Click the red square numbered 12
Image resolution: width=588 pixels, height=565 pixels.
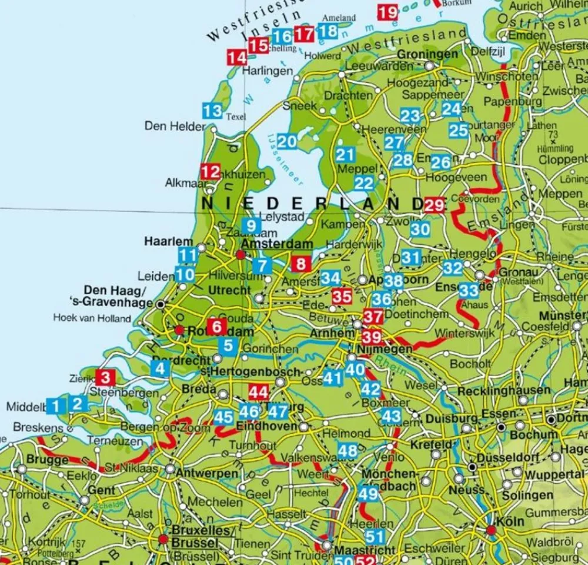(x=210, y=172)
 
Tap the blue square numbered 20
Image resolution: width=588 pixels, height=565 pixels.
(x=287, y=141)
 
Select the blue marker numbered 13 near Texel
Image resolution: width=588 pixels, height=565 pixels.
(x=212, y=110)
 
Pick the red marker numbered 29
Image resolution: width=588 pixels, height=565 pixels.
(x=435, y=205)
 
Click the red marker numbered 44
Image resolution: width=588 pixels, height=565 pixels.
(x=259, y=391)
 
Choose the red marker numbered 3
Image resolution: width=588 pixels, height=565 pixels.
(x=105, y=377)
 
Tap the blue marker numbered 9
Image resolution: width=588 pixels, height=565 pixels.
(x=251, y=225)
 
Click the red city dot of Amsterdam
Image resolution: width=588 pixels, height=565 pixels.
(x=240, y=255)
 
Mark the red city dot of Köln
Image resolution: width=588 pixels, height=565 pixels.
(x=491, y=530)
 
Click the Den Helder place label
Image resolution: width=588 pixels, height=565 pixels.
(x=175, y=126)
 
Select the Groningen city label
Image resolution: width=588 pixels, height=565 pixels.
(x=427, y=54)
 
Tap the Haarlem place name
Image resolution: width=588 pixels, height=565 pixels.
(x=169, y=241)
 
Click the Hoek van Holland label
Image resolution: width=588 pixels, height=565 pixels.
(x=92, y=318)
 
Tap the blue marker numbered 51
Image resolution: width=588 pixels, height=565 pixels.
(x=375, y=536)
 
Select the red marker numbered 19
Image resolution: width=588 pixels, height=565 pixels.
(x=387, y=12)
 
